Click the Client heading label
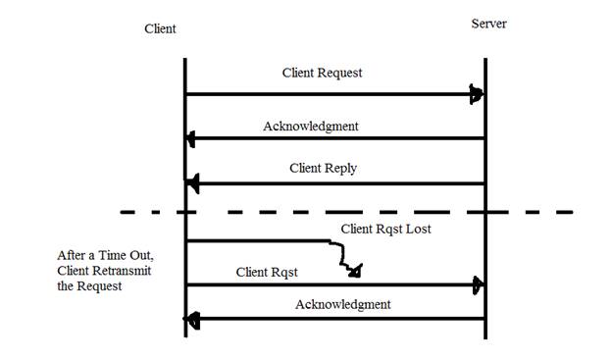point(160,28)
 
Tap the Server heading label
point(488,22)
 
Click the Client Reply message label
point(323,168)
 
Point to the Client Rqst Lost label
point(385,229)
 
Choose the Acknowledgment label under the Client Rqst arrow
point(343,304)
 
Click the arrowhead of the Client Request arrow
point(477,94)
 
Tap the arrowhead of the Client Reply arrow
point(192,183)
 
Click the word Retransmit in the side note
point(140,270)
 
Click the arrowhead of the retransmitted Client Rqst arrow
point(478,284)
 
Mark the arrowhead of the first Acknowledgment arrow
point(192,139)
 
